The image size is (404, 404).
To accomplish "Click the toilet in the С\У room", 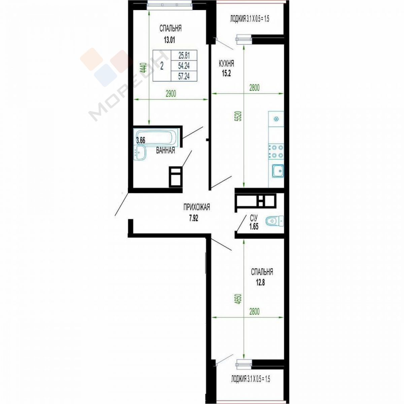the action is point(274,221).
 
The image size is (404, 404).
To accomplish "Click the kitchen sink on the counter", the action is point(278,171).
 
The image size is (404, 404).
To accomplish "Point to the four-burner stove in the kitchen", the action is point(276,151).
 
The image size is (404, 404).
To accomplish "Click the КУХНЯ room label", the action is point(226,64).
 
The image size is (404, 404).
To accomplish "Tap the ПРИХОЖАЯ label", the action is point(196,208).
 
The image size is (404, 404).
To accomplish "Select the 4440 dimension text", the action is point(143,68).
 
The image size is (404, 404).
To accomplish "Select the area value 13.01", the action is point(169,40).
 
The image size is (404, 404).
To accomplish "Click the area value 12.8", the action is point(260,283).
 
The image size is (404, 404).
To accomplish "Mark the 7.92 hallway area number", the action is point(193,219).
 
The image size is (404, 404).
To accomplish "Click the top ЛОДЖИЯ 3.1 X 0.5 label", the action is point(249,19).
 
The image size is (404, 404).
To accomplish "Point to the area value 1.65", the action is point(254,227).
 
